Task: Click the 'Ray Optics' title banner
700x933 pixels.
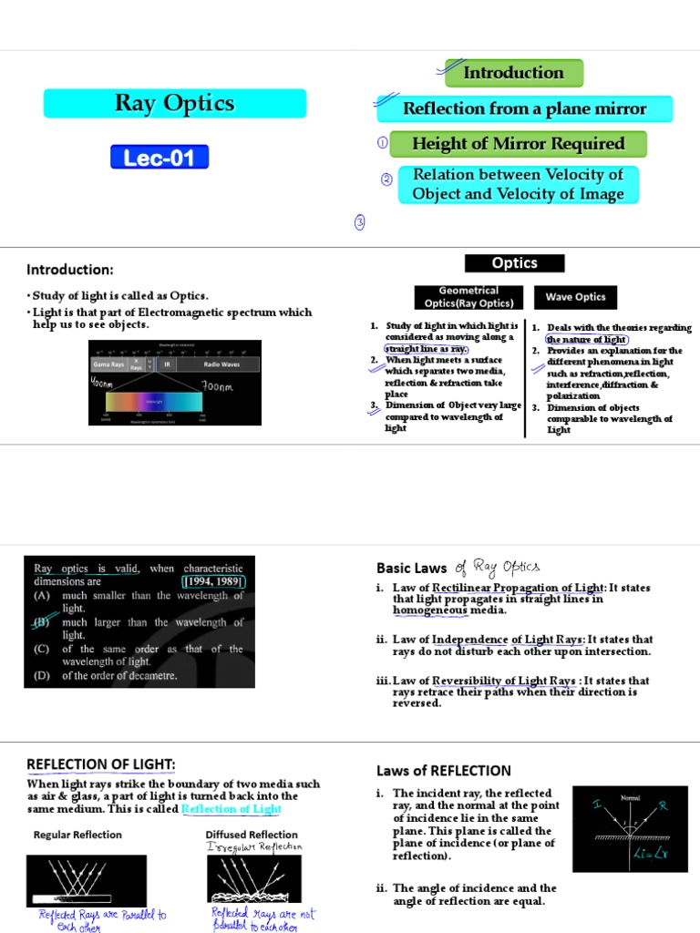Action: [x=174, y=103]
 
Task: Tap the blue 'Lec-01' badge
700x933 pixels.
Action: [x=160, y=158]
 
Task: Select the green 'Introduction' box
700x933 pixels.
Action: [x=513, y=73]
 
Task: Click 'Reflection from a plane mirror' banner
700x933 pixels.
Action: [x=524, y=109]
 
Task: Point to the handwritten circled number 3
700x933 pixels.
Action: [x=361, y=222]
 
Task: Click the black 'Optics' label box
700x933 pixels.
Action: [x=514, y=263]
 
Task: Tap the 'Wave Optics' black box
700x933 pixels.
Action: [x=575, y=297]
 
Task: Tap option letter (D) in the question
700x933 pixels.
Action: [x=41, y=676]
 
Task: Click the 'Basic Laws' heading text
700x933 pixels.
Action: [x=411, y=568]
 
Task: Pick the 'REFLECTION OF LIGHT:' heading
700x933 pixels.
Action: [x=101, y=764]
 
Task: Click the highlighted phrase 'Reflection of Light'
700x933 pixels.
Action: [x=232, y=809]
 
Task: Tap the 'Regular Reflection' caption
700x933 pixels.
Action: [x=77, y=835]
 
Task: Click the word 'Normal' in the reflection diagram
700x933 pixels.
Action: [x=631, y=797]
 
